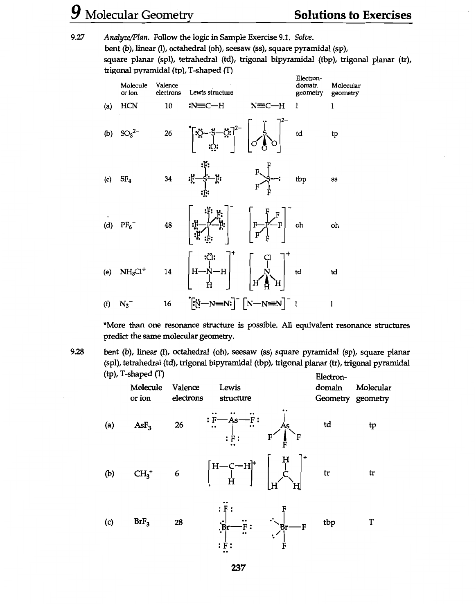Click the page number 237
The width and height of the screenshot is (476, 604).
(238, 568)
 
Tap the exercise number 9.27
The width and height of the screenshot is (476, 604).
(77, 38)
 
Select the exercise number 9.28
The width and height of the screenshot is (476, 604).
(77, 352)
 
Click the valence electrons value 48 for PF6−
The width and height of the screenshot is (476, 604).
(168, 225)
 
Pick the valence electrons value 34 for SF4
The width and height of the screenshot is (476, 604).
(168, 179)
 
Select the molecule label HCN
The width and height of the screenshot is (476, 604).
(129, 106)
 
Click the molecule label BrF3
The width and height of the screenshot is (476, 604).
(141, 522)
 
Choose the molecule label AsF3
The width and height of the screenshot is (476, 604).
(141, 425)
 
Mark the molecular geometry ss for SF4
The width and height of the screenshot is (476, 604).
(334, 180)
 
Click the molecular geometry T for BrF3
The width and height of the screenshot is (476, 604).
(371, 522)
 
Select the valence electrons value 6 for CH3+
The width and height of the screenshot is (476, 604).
(177, 474)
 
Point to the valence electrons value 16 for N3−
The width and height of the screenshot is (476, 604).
(167, 304)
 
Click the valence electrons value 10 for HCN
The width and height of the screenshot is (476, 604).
(168, 106)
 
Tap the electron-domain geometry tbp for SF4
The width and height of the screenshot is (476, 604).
(301, 180)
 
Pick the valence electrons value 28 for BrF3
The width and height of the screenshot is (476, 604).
(178, 522)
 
